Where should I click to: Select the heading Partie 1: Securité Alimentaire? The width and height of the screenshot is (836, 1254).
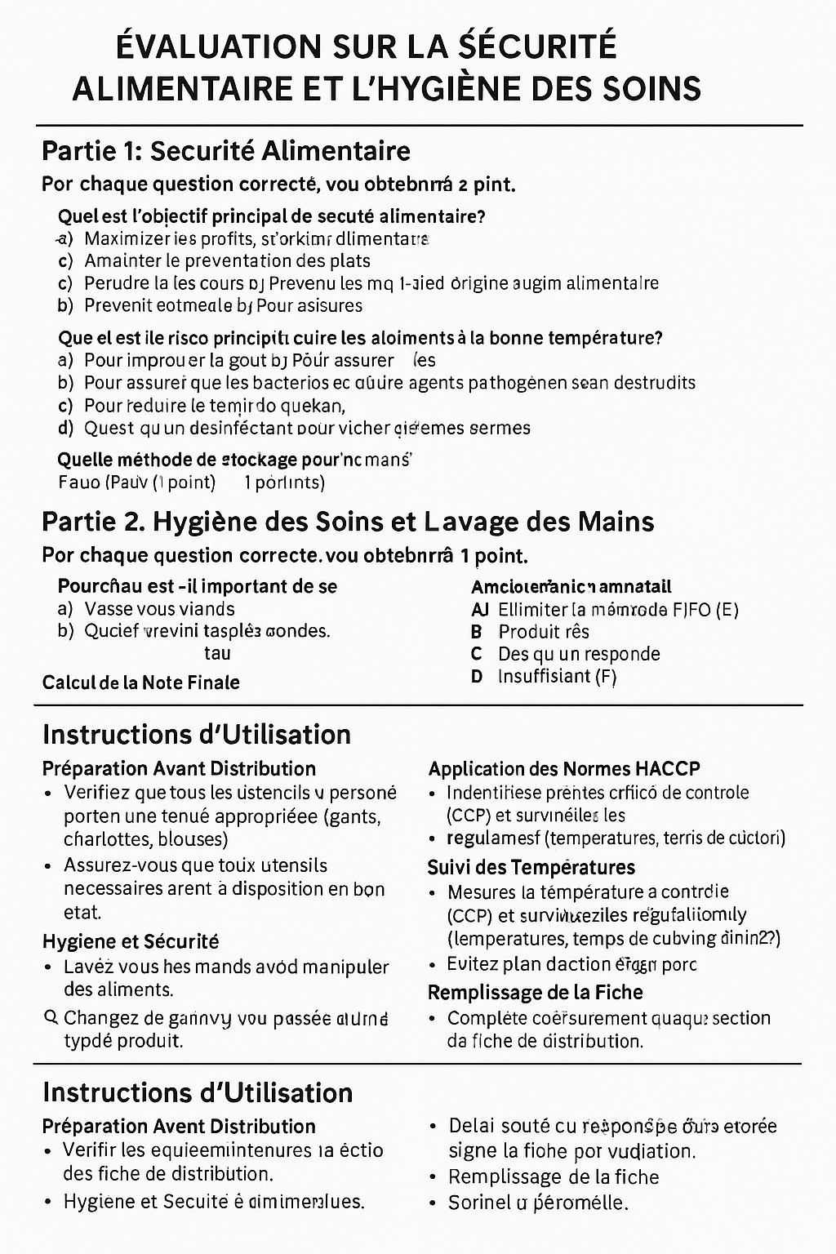(225, 151)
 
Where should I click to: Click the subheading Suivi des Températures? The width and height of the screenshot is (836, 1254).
(531, 867)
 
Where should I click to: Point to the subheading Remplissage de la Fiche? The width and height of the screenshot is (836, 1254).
(535, 993)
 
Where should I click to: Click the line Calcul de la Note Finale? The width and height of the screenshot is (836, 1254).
(140, 683)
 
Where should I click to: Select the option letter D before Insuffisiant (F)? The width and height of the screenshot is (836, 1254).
(477, 676)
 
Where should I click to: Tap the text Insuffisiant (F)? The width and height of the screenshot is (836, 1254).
(557, 676)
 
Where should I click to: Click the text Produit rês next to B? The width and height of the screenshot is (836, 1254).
(544, 632)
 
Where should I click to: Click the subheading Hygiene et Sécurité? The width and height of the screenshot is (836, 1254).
(131, 941)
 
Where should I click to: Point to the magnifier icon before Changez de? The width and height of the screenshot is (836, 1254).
(49, 1017)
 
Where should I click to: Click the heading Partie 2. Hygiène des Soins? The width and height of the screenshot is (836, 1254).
(348, 522)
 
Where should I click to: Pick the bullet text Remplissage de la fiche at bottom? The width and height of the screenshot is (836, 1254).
(554, 1177)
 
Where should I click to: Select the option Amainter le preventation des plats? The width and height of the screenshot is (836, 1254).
(227, 261)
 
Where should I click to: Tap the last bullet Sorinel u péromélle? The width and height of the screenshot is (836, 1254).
(538, 1203)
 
